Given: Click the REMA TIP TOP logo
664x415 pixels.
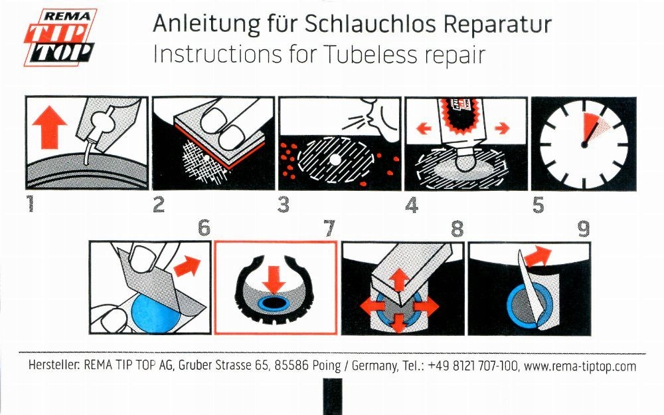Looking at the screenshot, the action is pyautogui.click(x=60, y=37).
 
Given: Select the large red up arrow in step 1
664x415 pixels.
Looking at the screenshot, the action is pyautogui.click(x=50, y=127).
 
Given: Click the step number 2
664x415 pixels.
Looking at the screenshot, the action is pyautogui.click(x=159, y=205).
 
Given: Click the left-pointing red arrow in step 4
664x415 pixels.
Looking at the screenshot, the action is pyautogui.click(x=424, y=128).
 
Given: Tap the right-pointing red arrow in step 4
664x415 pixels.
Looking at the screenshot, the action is pyautogui.click(x=502, y=128).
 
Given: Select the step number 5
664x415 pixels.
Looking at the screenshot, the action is pyautogui.click(x=538, y=205).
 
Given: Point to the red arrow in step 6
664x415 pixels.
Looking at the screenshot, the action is pyautogui.click(x=187, y=266).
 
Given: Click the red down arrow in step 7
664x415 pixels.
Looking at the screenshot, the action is pyautogui.click(x=274, y=280).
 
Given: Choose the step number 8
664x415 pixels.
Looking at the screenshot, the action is pyautogui.click(x=457, y=229).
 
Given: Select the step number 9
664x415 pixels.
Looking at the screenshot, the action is pyautogui.click(x=584, y=229).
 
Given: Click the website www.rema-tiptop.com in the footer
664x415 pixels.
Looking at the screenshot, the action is pyautogui.click(x=580, y=366).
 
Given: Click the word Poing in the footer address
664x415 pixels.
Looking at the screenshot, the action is pyautogui.click(x=326, y=365).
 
